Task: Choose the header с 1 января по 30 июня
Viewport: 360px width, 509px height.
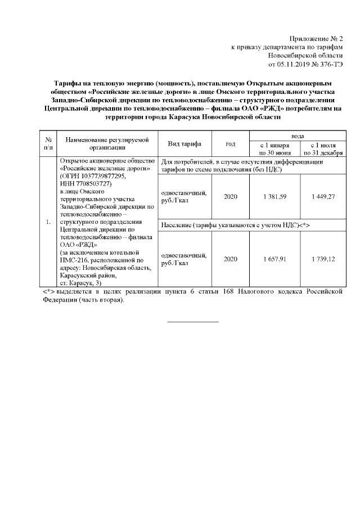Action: click(274, 148)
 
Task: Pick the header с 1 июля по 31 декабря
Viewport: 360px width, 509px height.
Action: click(322, 148)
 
